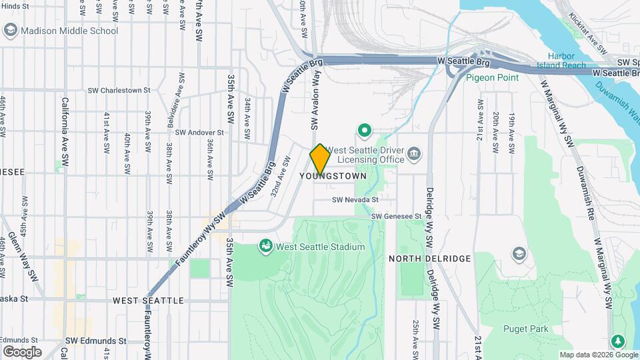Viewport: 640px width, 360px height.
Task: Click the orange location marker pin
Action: click(320, 159)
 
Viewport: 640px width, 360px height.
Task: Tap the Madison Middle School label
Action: click(69, 31)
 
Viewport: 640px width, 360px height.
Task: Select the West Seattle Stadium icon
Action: click(266, 247)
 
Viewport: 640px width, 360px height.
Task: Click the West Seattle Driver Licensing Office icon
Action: click(414, 155)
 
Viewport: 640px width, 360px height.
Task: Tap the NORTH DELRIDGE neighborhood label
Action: click(430, 259)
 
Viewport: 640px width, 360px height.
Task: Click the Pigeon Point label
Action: click(492, 77)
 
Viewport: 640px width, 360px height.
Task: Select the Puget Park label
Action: click(526, 329)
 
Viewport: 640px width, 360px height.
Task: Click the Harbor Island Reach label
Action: click(566, 61)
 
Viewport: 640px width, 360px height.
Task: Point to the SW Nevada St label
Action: click(355, 199)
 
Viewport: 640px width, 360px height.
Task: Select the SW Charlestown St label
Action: click(119, 90)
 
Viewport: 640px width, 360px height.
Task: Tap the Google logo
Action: click(22, 351)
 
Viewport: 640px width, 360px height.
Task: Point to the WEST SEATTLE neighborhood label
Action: click(148, 301)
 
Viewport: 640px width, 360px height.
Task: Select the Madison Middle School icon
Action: click(10, 31)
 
